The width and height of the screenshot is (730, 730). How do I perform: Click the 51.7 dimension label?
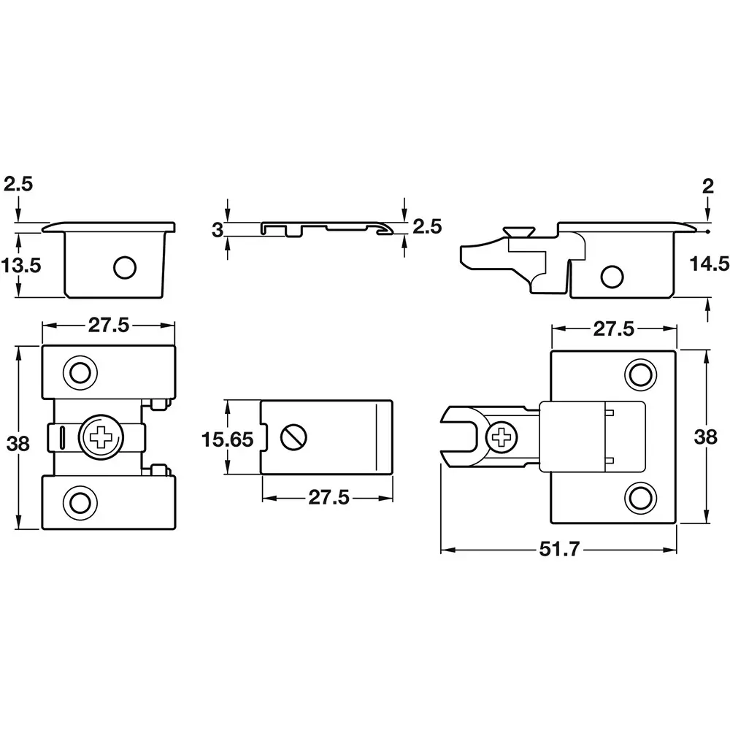[559, 550]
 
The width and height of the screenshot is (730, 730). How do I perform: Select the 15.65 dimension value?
[227, 439]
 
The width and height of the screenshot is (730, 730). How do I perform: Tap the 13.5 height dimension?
[21, 266]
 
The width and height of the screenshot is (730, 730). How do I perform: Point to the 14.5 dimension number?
[709, 264]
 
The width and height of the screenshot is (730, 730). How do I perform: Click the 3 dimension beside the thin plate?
[218, 230]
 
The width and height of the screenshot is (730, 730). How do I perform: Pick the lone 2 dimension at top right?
[707, 187]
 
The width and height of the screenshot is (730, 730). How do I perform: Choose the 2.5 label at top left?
[19, 184]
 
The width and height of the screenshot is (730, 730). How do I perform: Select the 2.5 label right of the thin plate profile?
[427, 227]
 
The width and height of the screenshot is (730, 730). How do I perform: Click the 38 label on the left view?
[18, 444]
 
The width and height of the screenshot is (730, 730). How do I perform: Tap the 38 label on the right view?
[706, 437]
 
